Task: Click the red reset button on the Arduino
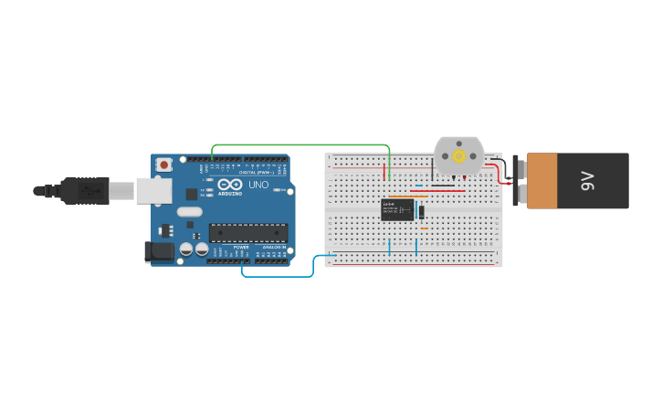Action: click(164, 165)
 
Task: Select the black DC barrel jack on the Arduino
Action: click(159, 251)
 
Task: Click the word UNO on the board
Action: click(258, 186)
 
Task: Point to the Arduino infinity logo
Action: click(230, 185)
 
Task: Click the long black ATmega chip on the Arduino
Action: click(248, 233)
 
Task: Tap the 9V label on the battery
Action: click(588, 181)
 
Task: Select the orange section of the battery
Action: click(541, 181)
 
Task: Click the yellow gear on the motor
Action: click(459, 156)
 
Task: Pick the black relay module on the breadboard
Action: click(397, 210)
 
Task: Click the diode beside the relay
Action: click(421, 212)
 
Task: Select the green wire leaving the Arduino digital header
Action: click(301, 144)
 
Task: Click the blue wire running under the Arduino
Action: click(274, 275)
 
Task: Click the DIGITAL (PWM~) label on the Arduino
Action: click(254, 172)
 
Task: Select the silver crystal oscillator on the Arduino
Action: click(190, 212)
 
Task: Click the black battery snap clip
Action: click(517, 181)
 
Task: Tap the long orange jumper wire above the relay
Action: click(407, 196)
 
